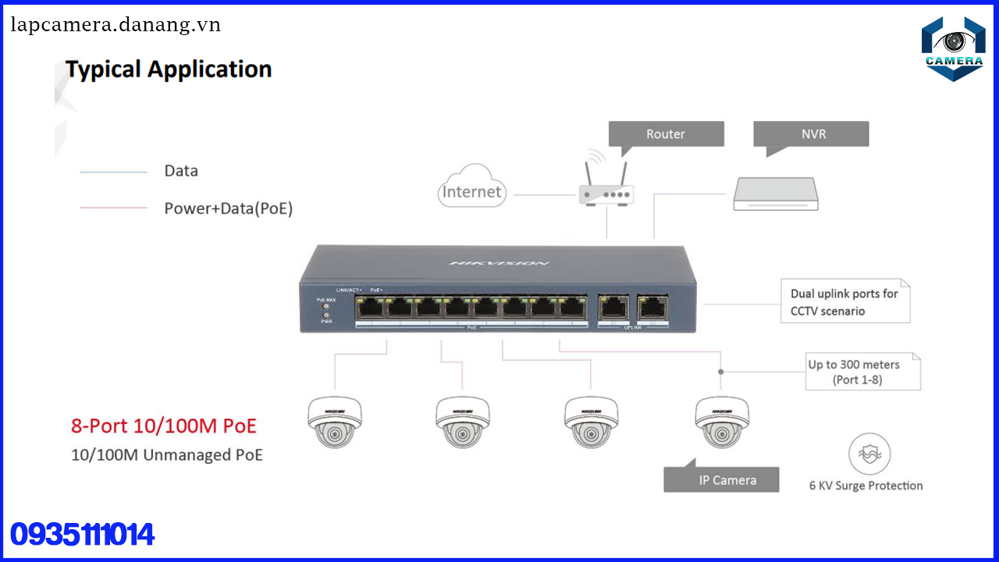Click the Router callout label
pos(666,134)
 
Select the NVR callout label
pos(812,134)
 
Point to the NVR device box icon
pos(776,194)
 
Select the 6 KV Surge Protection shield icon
pos(869,455)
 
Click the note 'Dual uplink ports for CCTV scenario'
pos(844,302)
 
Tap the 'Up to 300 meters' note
pos(855,372)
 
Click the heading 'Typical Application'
pos(169,69)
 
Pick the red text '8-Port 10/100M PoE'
pos(163,426)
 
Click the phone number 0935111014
pos(83,535)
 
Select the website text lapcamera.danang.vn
pos(116,25)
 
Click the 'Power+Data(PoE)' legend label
pos(228,208)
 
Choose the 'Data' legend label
pos(181,171)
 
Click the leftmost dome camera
pos(335,421)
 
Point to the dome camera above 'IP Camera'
pos(722,421)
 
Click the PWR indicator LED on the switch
pos(325,315)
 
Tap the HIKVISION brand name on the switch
pos(499,263)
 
